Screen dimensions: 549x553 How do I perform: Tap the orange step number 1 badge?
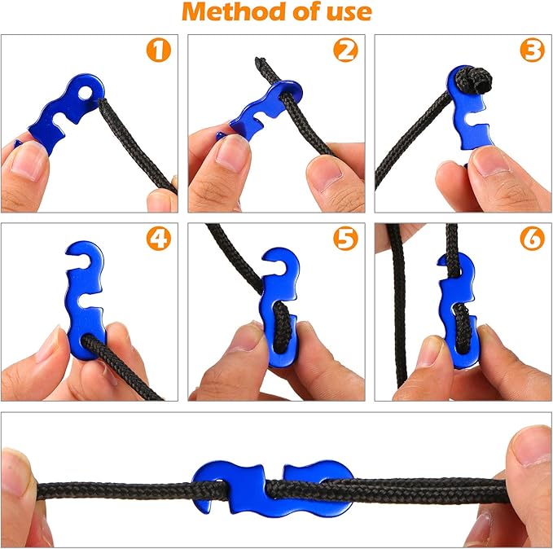tap(160, 51)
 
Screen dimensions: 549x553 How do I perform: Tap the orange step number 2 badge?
tap(346, 51)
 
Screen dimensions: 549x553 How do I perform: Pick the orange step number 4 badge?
tap(160, 239)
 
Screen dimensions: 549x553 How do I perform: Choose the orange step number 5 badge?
tap(346, 239)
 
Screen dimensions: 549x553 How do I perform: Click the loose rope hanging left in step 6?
tap(398, 310)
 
